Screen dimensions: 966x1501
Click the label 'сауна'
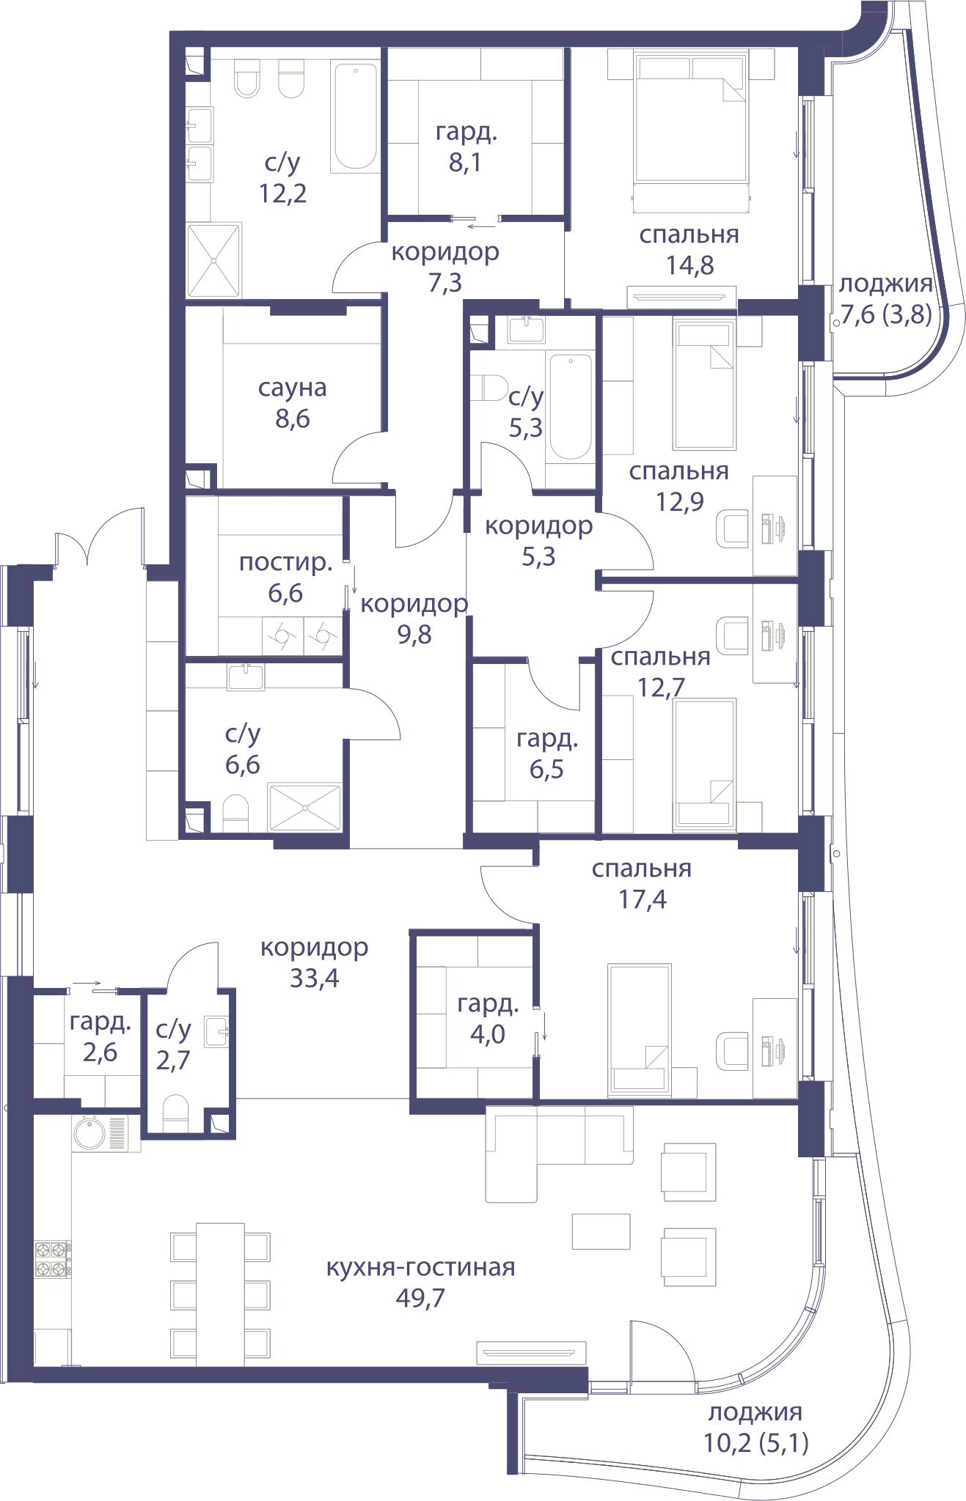point(292,388)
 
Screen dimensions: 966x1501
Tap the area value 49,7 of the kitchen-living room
point(420,1298)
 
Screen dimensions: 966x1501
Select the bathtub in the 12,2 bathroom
point(355,118)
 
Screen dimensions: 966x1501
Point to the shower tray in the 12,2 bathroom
point(213,260)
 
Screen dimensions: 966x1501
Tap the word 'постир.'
point(286,563)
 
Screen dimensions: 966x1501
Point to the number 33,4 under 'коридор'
point(314,978)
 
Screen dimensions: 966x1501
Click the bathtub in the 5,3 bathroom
point(571,407)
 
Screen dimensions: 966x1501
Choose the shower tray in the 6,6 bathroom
point(306,808)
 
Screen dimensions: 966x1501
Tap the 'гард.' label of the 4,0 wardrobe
point(488,1003)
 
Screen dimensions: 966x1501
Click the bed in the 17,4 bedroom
point(639,1029)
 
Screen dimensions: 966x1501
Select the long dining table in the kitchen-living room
point(220,1294)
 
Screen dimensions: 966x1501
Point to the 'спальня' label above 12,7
point(660,657)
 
